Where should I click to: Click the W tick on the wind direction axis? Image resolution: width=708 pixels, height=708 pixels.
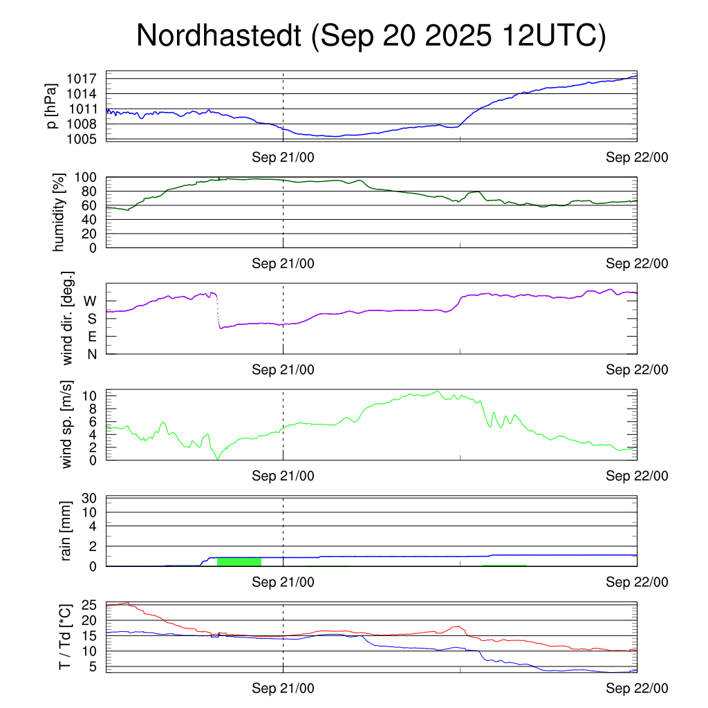(91, 301)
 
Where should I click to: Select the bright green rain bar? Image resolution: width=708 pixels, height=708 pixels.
(239, 561)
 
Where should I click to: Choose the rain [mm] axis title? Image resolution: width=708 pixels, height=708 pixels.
(66, 531)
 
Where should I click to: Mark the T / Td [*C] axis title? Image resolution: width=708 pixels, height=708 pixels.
(64, 636)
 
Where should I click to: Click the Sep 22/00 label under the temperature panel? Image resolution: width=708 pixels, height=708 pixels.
(637, 689)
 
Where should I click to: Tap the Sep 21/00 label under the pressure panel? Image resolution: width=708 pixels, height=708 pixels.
(283, 158)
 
